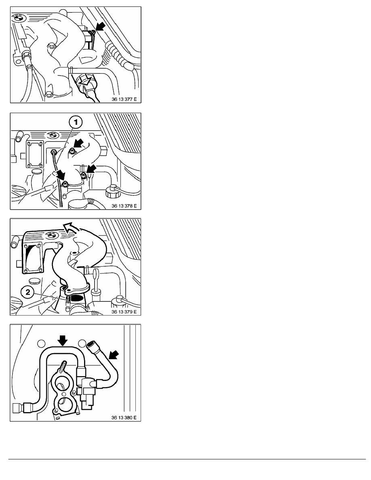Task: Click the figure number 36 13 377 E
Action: [124, 99]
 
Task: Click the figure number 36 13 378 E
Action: [124, 206]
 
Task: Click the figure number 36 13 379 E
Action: [124, 312]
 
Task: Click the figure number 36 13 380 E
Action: [124, 417]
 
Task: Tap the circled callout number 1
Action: [76, 123]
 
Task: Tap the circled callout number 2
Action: [28, 292]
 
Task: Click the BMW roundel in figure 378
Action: [53, 135]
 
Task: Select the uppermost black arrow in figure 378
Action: [78, 143]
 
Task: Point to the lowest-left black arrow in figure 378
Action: [61, 175]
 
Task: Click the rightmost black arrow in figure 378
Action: [91, 168]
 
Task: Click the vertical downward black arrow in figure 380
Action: [63, 341]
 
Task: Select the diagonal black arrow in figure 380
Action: [114, 356]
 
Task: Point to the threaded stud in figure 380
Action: [64, 366]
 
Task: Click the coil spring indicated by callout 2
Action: [68, 298]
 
